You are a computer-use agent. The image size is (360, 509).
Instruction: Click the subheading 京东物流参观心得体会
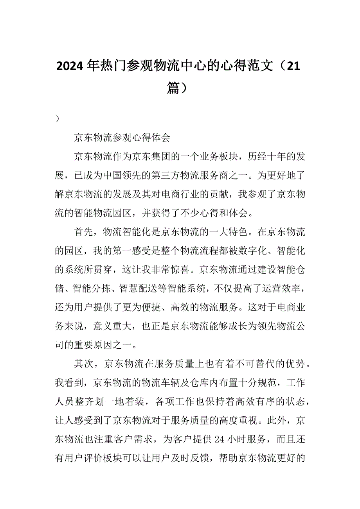pyautogui.click(x=122, y=138)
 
